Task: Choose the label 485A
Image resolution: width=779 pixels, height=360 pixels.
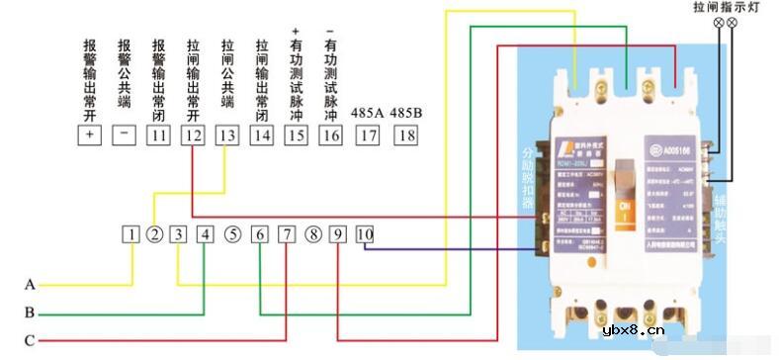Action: [367, 111]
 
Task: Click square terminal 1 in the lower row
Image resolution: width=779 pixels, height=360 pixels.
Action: [131, 234]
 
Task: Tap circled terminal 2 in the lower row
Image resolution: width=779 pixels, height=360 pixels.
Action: [154, 234]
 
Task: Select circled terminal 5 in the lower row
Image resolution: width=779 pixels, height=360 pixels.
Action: [231, 234]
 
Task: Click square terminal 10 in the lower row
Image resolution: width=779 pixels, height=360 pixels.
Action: [364, 234]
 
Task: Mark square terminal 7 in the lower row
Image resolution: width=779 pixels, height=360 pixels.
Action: [286, 234]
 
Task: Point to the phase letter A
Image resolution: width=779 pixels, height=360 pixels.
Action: [30, 285]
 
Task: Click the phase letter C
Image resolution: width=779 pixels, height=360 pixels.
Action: [30, 341]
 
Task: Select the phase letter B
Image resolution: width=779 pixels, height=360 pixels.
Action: [30, 314]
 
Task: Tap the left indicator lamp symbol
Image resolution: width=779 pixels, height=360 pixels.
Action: [718, 22]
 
